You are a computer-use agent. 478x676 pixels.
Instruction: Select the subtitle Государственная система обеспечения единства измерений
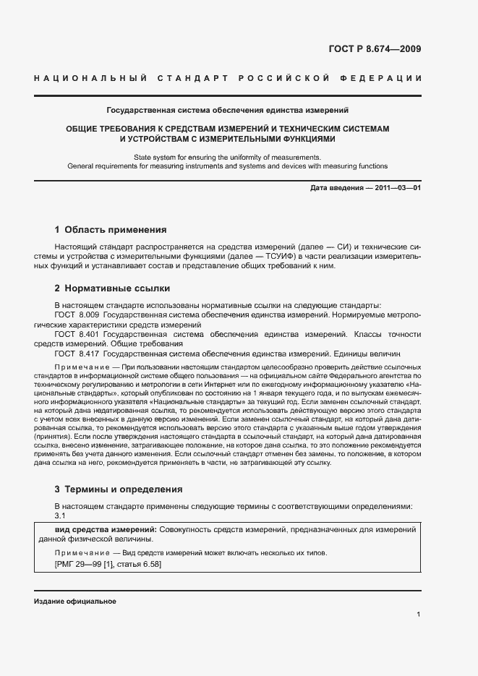coord(228,111)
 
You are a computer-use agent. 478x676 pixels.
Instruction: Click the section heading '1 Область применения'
coord(111,230)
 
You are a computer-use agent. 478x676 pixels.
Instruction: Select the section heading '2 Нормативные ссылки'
coord(112,288)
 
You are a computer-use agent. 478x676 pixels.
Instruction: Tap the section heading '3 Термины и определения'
coord(119,489)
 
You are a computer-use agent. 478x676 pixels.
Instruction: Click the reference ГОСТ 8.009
coord(77,315)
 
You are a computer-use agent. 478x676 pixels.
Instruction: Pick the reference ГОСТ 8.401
coord(77,335)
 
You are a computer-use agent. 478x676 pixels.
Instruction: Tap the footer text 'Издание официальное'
coord(74,602)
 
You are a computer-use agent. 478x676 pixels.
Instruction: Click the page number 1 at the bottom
coord(419,614)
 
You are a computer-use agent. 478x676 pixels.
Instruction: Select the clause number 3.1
coord(60,515)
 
